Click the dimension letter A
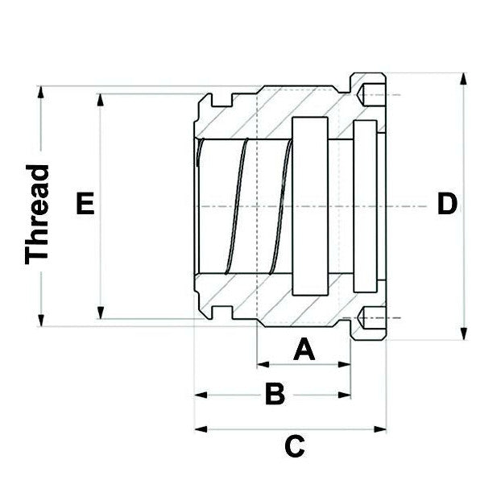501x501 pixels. coord(303,350)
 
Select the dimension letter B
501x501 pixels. coord(275,395)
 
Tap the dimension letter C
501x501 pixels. coord(295,445)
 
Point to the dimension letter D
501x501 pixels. coord(446,204)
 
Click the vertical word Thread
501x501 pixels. coord(38,213)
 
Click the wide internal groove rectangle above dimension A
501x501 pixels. coord(310,206)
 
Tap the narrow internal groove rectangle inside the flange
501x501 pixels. coord(364,206)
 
